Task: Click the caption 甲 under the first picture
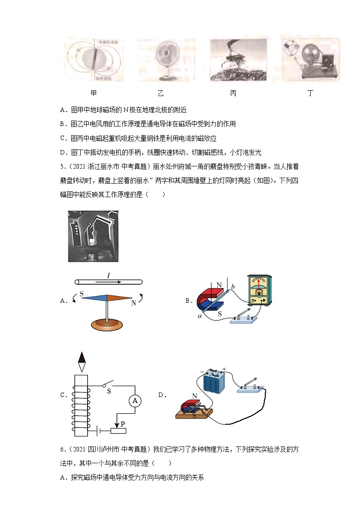93,93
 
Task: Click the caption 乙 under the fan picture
160,93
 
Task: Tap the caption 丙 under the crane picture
233,93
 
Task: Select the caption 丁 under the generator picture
310,93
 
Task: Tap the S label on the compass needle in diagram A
82,294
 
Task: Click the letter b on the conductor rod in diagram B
233,287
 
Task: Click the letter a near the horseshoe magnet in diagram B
199,315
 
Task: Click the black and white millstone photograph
93,236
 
